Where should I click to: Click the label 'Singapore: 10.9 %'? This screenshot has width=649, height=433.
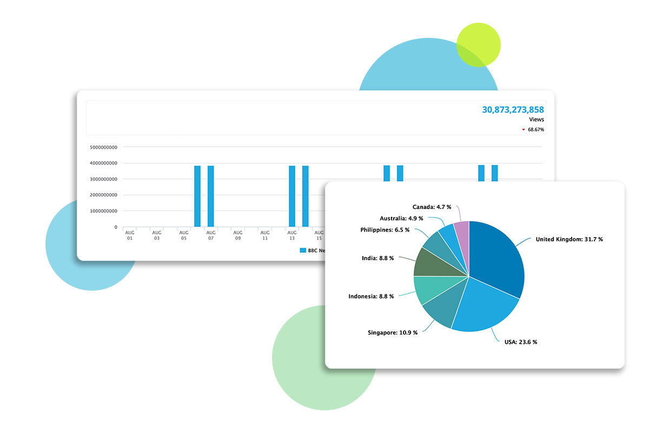point(393,332)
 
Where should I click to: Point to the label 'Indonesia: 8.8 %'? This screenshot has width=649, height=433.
point(371,296)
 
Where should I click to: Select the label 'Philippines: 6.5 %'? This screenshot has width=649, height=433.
point(385,229)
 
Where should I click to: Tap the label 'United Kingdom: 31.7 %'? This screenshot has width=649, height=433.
point(569,239)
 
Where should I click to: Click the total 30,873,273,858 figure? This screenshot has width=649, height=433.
point(513,109)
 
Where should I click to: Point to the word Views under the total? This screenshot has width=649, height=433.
point(537,120)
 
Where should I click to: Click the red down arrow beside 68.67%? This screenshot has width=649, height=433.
point(524,130)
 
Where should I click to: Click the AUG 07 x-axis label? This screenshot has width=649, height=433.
point(211,235)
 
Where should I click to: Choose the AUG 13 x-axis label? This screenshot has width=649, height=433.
point(292,235)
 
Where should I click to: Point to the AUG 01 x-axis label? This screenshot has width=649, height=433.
point(130,235)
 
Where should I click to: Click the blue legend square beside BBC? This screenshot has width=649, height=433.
point(303,251)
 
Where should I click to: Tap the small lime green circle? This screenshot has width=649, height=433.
point(479,45)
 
